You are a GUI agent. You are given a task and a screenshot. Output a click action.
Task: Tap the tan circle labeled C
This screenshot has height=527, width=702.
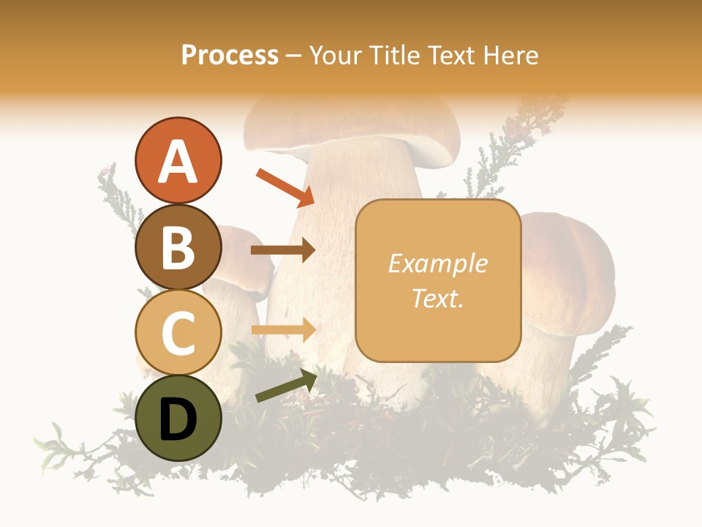[178, 332]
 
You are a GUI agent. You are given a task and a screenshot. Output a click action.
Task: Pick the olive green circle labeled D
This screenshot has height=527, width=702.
[178, 418]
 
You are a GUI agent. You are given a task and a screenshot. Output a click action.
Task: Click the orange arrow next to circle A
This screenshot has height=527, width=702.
[284, 187]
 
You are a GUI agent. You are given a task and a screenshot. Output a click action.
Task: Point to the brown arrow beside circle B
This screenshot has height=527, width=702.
[283, 250]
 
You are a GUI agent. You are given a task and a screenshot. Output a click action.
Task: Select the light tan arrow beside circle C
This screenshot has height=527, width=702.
[283, 329]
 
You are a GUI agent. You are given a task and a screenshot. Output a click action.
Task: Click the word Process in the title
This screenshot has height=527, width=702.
[230, 55]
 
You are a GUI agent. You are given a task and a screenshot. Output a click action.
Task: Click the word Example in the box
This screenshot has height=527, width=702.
[437, 263]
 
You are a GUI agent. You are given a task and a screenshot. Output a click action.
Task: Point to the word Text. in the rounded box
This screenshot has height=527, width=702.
[437, 298]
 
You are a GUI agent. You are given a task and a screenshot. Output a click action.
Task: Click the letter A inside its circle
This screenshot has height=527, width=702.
[178, 162]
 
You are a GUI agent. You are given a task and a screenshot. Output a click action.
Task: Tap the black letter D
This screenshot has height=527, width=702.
[178, 419]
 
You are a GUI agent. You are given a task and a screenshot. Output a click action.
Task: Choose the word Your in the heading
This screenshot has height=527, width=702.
[337, 55]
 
